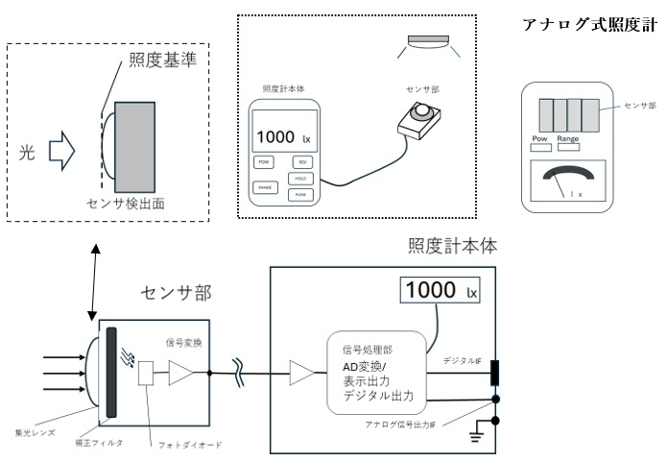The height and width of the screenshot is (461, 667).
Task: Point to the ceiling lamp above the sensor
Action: coord(428,41)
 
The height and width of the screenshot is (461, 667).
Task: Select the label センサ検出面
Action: coord(127,204)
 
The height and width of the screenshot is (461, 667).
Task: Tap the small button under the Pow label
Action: coord(541,150)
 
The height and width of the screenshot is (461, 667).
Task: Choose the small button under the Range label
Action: coord(568,150)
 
